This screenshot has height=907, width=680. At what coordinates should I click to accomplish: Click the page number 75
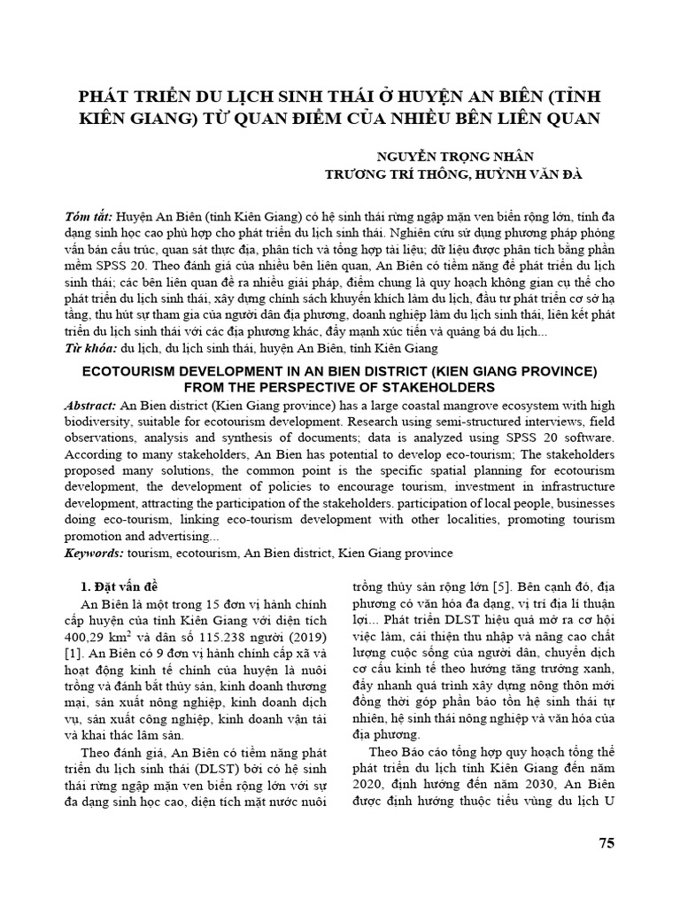point(606,842)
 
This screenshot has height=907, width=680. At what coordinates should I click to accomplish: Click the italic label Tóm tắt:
point(89,217)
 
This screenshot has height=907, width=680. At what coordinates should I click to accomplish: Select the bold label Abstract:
point(90,405)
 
